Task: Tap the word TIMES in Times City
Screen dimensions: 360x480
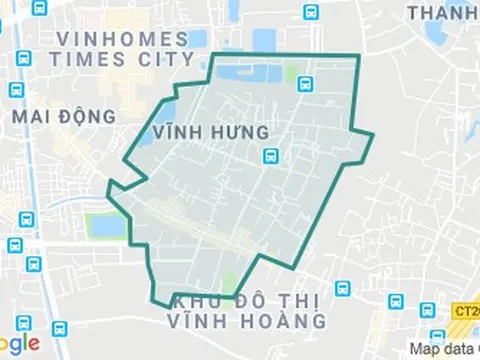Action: pyautogui.click(x=86, y=59)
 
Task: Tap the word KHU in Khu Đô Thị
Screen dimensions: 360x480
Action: pyautogui.click(x=190, y=301)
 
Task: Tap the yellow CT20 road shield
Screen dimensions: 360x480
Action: pyautogui.click(x=465, y=311)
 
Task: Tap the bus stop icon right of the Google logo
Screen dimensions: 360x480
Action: pyautogui.click(x=60, y=329)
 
